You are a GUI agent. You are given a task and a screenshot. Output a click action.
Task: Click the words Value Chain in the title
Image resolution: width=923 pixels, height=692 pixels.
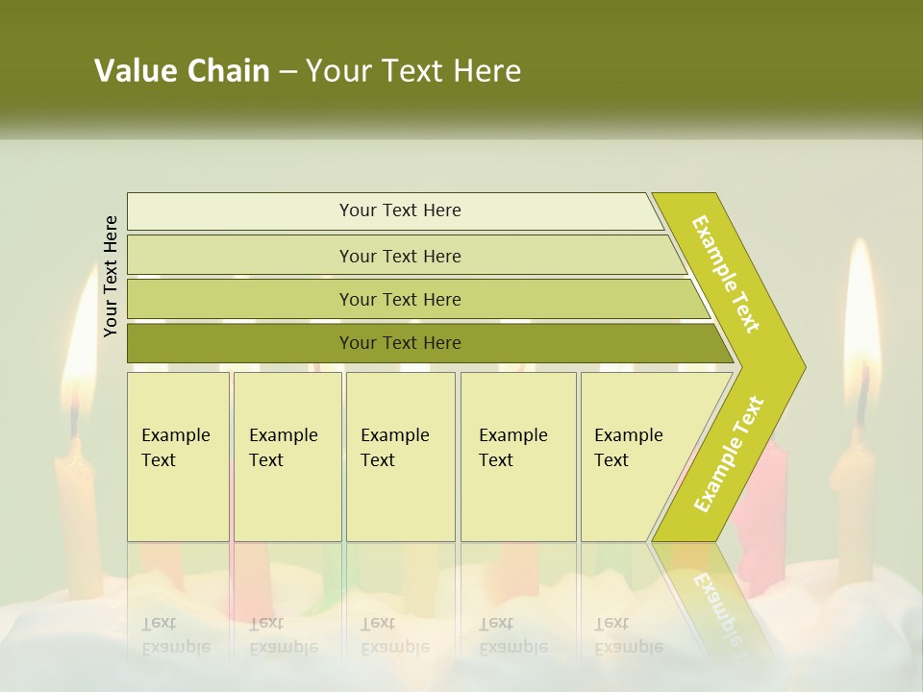(182, 71)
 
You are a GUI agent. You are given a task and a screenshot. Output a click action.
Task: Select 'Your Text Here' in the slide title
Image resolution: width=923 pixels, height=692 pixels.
(413, 71)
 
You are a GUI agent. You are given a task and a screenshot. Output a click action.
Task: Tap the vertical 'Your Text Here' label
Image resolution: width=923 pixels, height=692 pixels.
(111, 276)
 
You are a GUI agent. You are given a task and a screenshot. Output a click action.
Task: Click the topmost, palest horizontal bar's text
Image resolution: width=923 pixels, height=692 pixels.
(400, 210)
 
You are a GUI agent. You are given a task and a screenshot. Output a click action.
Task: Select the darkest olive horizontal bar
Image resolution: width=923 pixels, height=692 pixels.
(400, 343)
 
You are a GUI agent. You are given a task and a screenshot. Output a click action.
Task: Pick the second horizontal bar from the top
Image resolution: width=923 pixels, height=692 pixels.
(400, 256)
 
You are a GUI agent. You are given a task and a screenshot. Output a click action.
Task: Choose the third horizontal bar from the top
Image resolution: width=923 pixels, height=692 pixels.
(400, 299)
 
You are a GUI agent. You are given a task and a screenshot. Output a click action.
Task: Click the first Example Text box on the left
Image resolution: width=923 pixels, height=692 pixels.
(178, 457)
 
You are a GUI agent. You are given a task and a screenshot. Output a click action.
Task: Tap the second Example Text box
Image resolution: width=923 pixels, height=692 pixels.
(287, 457)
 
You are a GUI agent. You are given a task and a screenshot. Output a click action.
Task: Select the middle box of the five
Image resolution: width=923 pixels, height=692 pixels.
(400, 457)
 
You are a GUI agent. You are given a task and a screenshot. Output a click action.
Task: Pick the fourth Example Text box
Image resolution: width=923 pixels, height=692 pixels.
(517, 457)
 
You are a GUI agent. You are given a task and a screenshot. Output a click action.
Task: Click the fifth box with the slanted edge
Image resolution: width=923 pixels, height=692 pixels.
(635, 457)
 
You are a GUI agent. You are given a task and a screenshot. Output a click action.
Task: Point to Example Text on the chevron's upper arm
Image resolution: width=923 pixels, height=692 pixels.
(726, 274)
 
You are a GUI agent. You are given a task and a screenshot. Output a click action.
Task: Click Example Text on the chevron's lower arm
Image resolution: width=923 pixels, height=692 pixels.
(729, 454)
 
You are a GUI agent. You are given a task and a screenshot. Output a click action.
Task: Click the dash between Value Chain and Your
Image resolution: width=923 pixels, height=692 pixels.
(287, 71)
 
